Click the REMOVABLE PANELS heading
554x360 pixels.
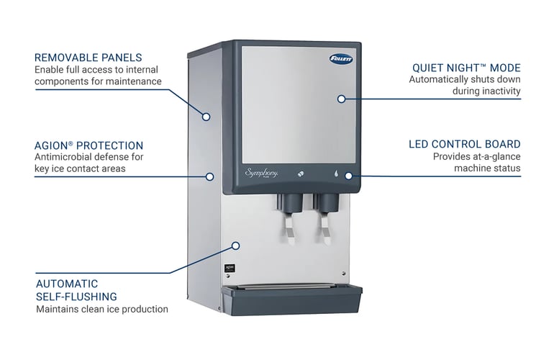(x=88, y=58)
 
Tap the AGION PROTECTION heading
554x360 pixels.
(x=88, y=145)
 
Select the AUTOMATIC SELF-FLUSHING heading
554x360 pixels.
(x=76, y=289)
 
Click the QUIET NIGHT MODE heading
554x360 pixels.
(x=465, y=68)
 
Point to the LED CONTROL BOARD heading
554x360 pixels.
(x=464, y=144)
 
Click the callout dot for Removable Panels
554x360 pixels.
(x=206, y=117)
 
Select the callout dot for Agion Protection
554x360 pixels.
(x=210, y=176)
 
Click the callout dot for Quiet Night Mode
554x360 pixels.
(x=342, y=99)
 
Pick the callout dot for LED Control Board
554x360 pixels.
(x=348, y=175)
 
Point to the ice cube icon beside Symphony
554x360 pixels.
(x=300, y=174)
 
